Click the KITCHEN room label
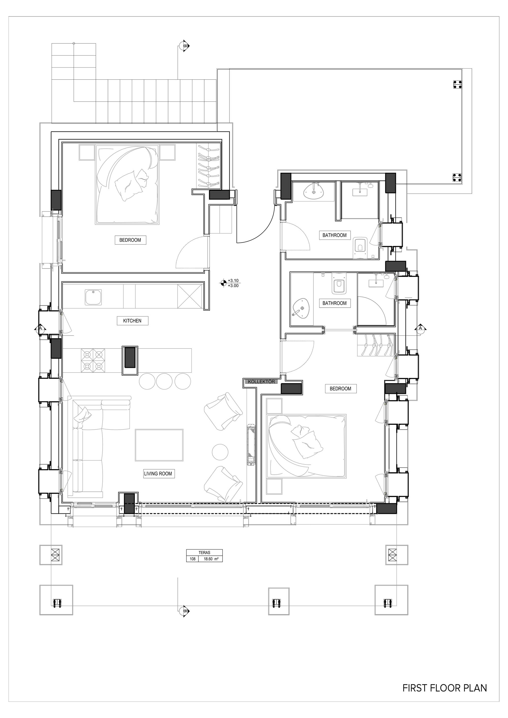[132, 321]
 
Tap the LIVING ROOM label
[158, 474]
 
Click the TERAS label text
[204, 553]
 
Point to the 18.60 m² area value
[211, 559]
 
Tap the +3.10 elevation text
[233, 280]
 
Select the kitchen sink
[93, 297]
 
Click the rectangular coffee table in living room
[159, 445]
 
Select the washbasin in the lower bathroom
[301, 309]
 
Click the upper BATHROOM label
[335, 235]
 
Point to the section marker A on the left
[40, 328]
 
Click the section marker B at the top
[185, 46]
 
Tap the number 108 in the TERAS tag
[193, 559]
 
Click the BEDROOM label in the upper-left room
[130, 240]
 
